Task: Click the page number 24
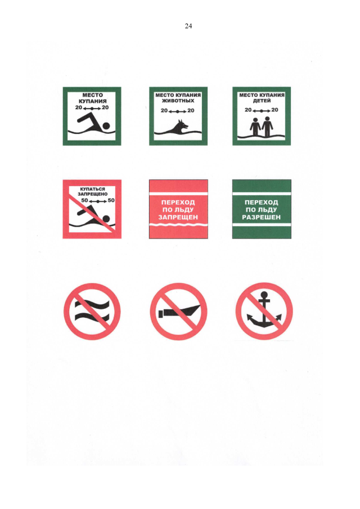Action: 188,26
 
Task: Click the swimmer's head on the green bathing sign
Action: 106,126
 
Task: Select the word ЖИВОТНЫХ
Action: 178,101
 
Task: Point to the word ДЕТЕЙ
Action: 262,101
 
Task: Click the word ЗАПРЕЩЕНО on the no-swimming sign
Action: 92,194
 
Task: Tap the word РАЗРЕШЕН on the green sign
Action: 262,217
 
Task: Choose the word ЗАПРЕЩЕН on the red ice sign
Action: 178,217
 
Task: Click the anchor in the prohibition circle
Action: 264,310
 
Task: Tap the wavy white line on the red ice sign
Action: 178,224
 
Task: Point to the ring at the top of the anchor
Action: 264,295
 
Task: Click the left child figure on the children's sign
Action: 255,127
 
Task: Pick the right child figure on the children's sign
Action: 268,127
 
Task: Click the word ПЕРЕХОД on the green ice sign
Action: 262,202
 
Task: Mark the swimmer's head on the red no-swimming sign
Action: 106,218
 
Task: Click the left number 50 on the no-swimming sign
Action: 84,200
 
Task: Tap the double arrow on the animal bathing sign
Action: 178,111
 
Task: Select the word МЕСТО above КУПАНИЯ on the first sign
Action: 92,95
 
